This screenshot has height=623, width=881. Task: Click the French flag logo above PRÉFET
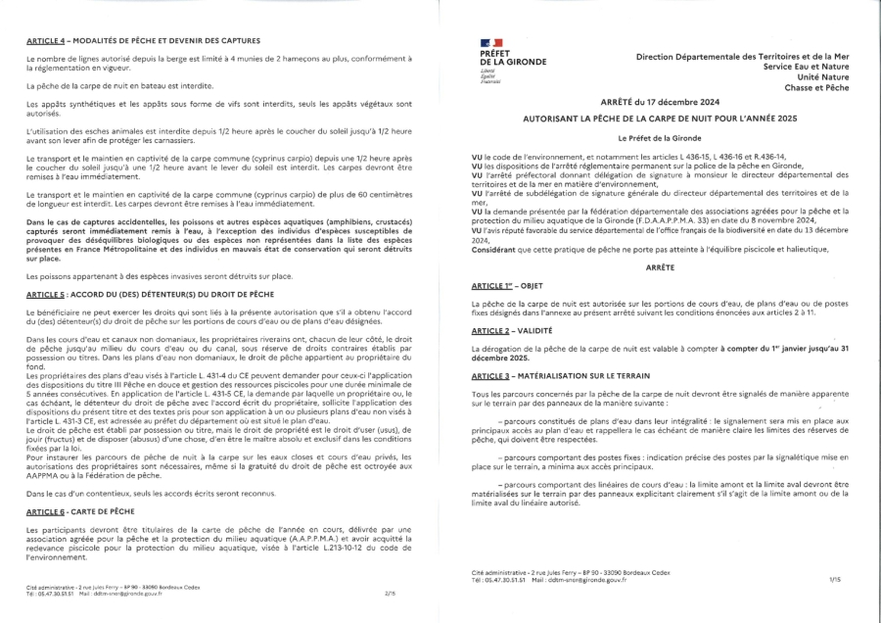click(x=491, y=44)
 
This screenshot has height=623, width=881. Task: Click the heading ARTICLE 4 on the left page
click(x=143, y=40)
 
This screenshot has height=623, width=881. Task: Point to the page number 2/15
click(x=390, y=593)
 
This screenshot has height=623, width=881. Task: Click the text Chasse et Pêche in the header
click(x=814, y=85)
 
